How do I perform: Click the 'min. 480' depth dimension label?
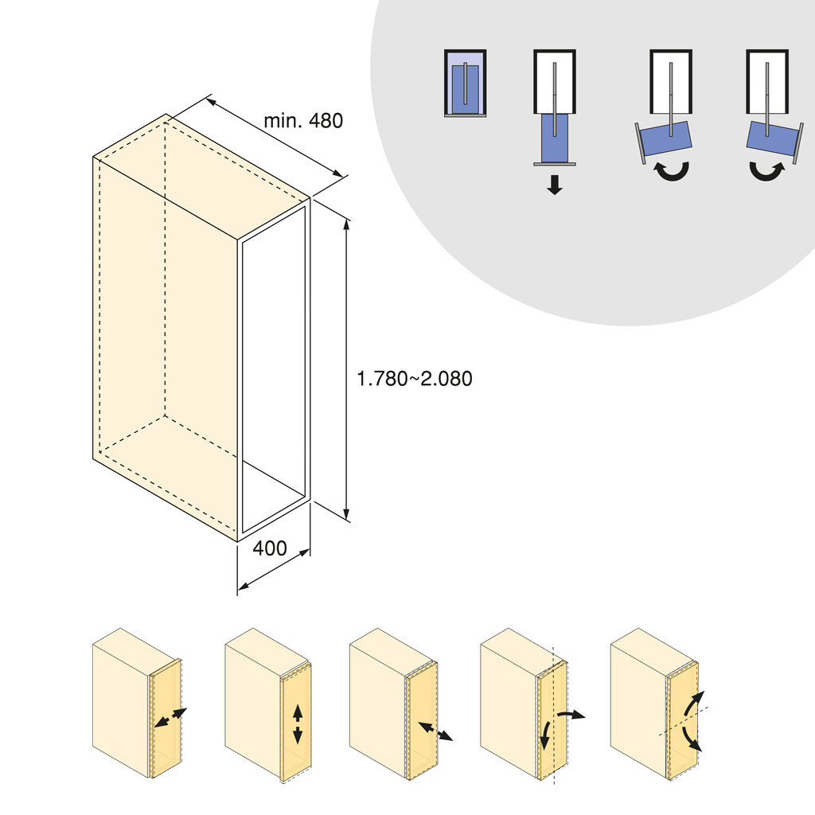click(x=303, y=121)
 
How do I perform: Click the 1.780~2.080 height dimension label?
click(x=414, y=380)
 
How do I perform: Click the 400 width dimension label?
click(x=270, y=548)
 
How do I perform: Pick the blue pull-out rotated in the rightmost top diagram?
click(x=773, y=140)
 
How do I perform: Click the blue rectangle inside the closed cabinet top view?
click(x=465, y=85)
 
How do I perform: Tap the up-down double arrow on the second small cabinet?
click(x=298, y=723)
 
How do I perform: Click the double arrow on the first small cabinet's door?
click(x=170, y=718)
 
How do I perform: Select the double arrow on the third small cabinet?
click(x=435, y=731)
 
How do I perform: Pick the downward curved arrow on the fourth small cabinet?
click(x=545, y=736)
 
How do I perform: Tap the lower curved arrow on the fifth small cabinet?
click(x=692, y=740)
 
